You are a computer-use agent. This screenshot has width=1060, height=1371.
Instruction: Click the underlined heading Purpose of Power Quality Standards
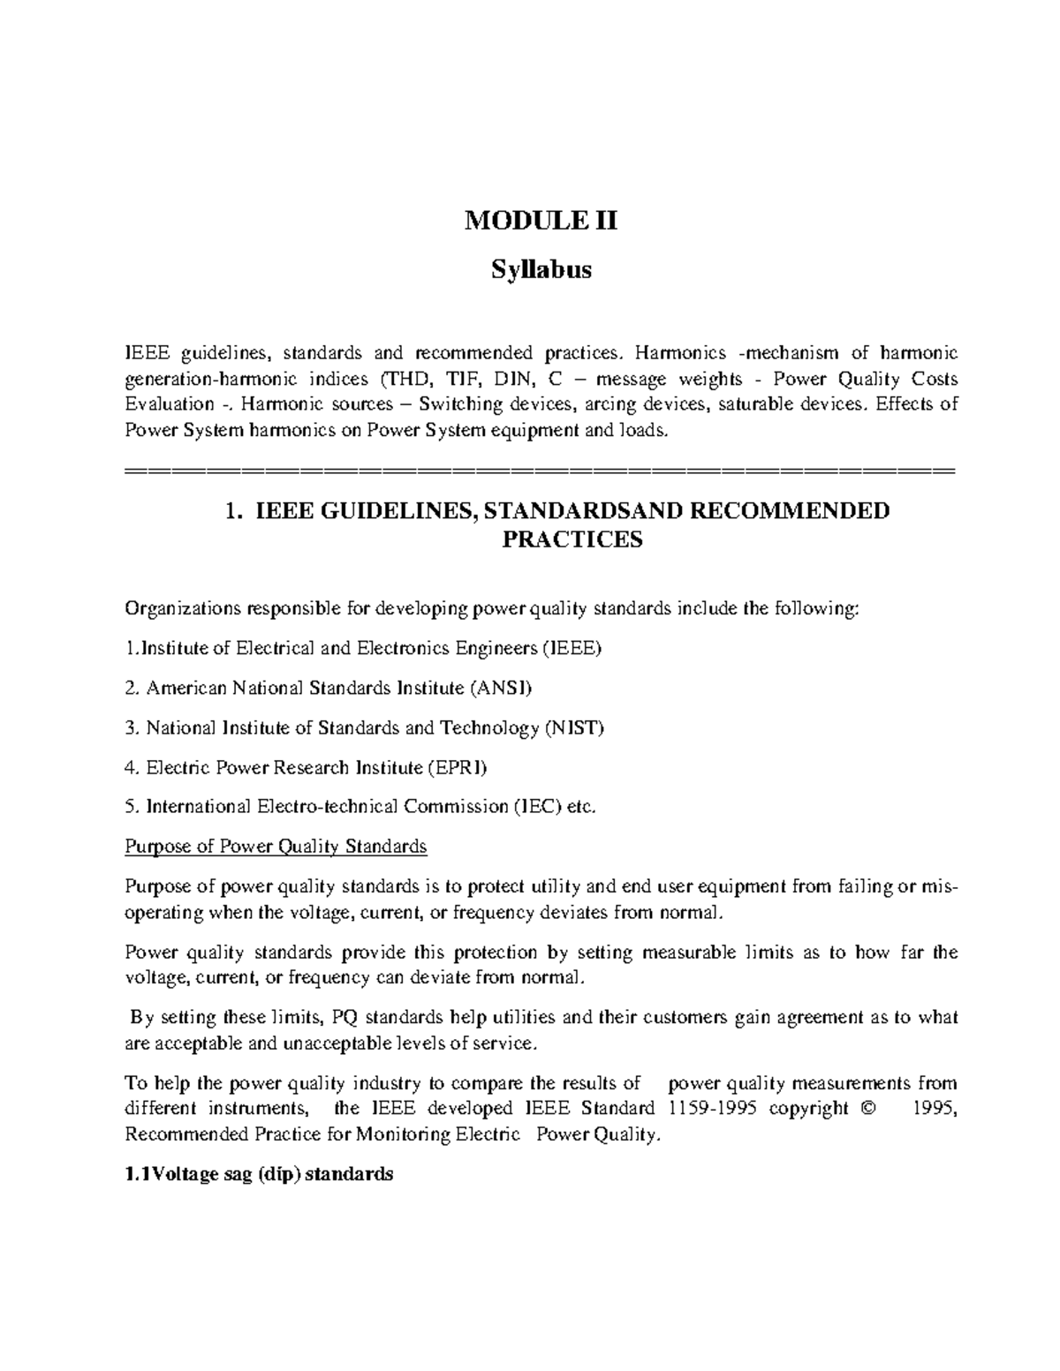[x=276, y=847]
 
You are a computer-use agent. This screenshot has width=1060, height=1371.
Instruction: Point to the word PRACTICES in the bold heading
[x=572, y=539]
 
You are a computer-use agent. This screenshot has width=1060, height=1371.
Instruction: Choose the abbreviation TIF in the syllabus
[x=459, y=380]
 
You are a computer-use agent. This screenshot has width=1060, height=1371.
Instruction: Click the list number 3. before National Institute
[x=132, y=728]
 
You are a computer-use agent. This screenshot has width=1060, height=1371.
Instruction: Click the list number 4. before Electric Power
[x=132, y=768]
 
